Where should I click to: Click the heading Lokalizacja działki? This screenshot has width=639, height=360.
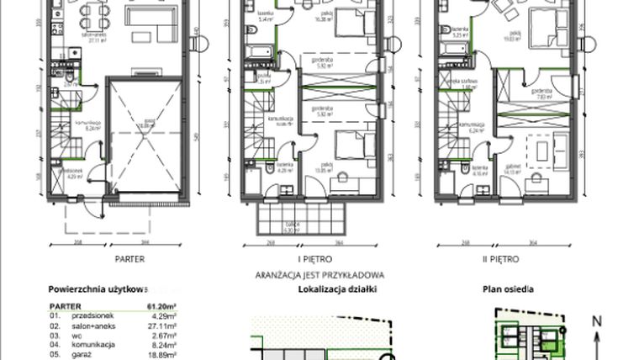(x=337, y=289)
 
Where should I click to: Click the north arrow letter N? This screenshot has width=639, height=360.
(x=596, y=320)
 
